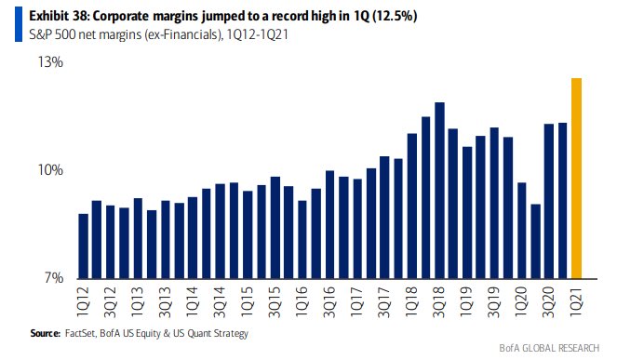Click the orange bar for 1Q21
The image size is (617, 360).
point(576,179)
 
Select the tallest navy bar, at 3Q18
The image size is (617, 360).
point(439,191)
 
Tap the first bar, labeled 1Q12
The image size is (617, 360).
point(84,247)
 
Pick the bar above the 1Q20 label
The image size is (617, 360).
point(522,231)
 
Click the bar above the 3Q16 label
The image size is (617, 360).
point(329,225)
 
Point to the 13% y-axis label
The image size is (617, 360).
point(50,62)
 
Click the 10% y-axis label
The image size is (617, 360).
point(50,170)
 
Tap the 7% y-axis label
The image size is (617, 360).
point(54,278)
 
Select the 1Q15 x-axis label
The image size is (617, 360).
point(248,301)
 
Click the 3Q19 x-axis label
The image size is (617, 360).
point(494,301)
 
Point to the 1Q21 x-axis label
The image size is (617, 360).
point(576,300)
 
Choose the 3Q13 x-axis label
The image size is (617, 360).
point(166,301)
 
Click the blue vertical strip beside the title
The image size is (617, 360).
point(19,24)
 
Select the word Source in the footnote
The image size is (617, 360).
point(46,333)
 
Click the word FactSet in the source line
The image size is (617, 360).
point(80,333)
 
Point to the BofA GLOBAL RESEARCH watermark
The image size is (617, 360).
point(549,348)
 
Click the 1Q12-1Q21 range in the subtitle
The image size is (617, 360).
point(258,34)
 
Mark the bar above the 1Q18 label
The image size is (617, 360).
point(412,207)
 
